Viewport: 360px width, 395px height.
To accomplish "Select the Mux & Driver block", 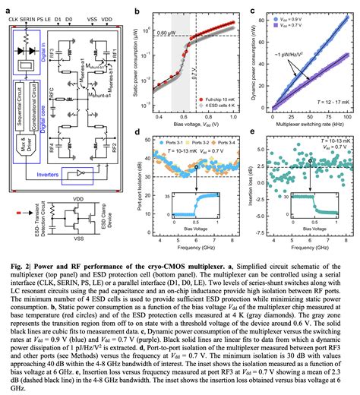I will (24, 142).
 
